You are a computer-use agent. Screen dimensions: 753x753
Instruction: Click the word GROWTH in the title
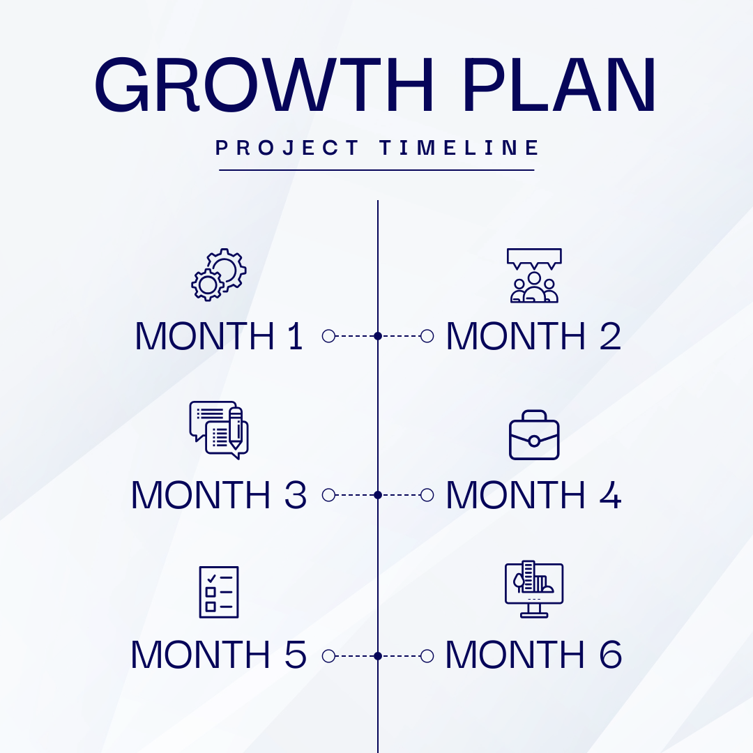point(264,85)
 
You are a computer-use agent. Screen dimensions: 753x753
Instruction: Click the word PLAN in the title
point(560,85)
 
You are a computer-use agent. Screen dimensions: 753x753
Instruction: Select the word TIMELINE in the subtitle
point(459,147)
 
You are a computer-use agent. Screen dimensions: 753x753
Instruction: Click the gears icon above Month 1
point(219,275)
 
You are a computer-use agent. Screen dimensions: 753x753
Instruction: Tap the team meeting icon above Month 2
point(534,275)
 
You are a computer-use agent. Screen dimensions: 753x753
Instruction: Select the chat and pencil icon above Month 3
point(219,429)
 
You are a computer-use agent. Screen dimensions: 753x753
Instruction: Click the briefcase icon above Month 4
point(534,434)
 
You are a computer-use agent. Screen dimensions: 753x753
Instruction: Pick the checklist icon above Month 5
point(219,592)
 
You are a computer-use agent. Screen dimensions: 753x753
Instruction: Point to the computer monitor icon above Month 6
point(534,589)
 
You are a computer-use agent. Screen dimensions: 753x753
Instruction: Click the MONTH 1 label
point(219,336)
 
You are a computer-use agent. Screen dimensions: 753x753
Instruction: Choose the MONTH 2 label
point(533,336)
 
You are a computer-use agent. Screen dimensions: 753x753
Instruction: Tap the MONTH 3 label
point(219,495)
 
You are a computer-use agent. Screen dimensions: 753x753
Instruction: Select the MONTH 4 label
point(533,495)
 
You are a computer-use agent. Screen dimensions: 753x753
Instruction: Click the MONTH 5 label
point(219,655)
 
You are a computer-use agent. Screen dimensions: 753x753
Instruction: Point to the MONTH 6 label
point(533,655)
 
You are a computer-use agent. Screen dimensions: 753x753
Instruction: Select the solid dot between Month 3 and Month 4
point(378,495)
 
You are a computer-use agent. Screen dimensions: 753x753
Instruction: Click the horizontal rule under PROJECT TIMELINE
point(376,170)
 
